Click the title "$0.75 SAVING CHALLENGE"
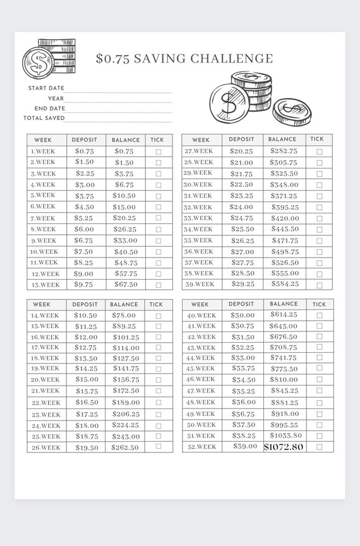184,59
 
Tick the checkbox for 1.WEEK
158,151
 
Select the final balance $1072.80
284,447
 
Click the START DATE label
46,88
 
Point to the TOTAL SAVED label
44,118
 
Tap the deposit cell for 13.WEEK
84,285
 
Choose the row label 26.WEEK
45,448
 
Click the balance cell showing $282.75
284,151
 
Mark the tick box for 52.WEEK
320,447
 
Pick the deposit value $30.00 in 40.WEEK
243,315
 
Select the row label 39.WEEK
199,284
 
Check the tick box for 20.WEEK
158,380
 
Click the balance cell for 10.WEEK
126,252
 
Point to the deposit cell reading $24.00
241,207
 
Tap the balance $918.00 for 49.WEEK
284,414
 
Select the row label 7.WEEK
43,218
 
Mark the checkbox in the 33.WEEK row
320,218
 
